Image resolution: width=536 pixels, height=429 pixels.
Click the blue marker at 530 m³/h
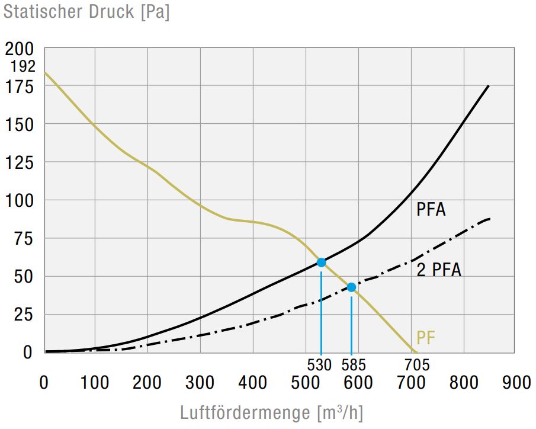(x=321, y=262)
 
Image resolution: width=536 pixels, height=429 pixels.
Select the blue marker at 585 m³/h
(x=351, y=287)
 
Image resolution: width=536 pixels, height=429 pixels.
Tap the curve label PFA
(x=431, y=209)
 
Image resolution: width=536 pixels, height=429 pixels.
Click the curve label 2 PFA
(x=438, y=270)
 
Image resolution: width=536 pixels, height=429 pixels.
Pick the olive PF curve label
(x=426, y=338)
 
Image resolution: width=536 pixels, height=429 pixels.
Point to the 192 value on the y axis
(x=23, y=66)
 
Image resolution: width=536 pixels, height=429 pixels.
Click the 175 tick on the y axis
(x=21, y=86)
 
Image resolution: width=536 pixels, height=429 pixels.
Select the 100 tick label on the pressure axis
(x=21, y=200)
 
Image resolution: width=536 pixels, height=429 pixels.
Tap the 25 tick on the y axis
(x=24, y=314)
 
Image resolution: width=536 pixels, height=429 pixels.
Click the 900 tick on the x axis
(x=516, y=383)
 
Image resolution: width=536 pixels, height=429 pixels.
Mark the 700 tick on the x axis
(x=410, y=383)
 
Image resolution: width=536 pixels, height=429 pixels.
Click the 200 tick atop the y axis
(x=21, y=49)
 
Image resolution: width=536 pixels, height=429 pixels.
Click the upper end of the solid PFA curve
(x=488, y=87)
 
